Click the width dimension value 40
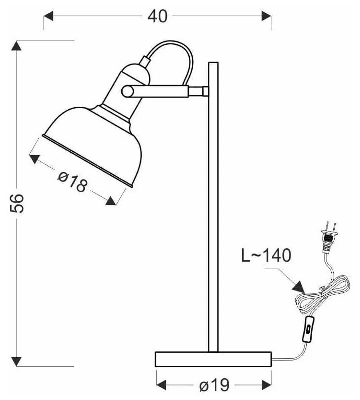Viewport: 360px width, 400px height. [x=157, y=16]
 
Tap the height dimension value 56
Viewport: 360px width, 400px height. [x=17, y=204]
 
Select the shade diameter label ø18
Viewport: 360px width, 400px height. [x=73, y=181]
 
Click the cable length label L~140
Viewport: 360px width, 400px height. [x=265, y=256]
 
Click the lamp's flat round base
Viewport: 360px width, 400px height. [x=213, y=358]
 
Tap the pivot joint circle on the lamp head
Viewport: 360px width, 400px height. [x=128, y=91]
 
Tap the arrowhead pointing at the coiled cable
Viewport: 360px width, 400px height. [x=299, y=287]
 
